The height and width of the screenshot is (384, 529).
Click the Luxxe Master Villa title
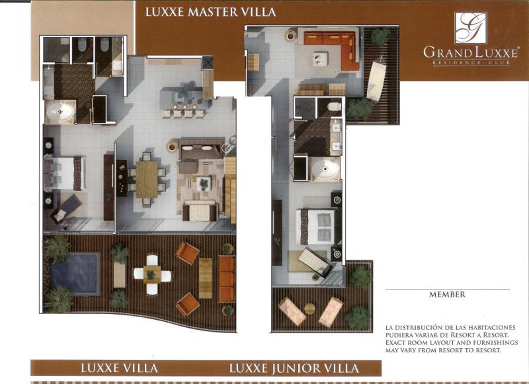pos(210,12)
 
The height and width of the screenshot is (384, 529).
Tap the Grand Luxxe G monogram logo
pos(471,28)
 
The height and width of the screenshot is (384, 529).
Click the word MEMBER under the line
pos(447,294)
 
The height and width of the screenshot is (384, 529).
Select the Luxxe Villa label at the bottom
pos(119,368)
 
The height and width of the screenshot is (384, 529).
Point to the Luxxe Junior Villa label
pos(294,368)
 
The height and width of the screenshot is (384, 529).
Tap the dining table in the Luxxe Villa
pos(147,180)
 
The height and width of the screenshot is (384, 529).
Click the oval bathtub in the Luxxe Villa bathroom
pos(60,111)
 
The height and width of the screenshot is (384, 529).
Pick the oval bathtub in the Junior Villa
pos(325,169)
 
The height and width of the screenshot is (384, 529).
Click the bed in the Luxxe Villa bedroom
pos(64,174)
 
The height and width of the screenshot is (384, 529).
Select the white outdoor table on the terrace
pos(152,274)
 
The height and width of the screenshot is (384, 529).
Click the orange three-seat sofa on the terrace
pos(226,279)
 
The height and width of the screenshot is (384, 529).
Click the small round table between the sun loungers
pos(309,309)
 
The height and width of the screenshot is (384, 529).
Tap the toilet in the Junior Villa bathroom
pos(334,106)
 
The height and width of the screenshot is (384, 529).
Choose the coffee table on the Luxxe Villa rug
pos(204,183)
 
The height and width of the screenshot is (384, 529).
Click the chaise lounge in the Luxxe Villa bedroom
pos(65,209)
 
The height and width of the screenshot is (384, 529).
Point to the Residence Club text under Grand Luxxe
pos(471,63)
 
